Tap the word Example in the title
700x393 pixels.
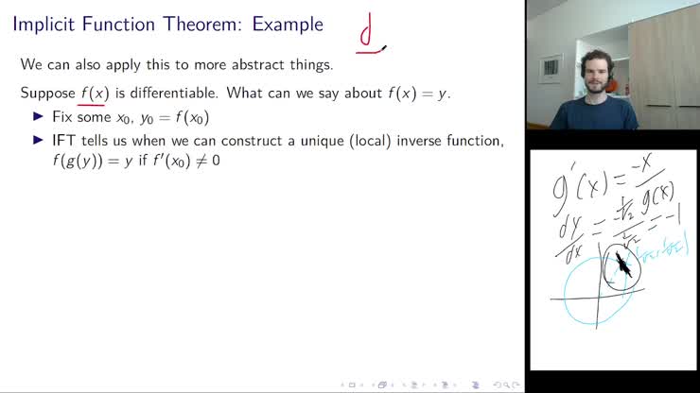(x=288, y=25)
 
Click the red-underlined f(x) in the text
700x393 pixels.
(x=94, y=94)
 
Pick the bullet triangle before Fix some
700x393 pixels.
(x=39, y=117)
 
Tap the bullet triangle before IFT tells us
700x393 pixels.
(x=39, y=141)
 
